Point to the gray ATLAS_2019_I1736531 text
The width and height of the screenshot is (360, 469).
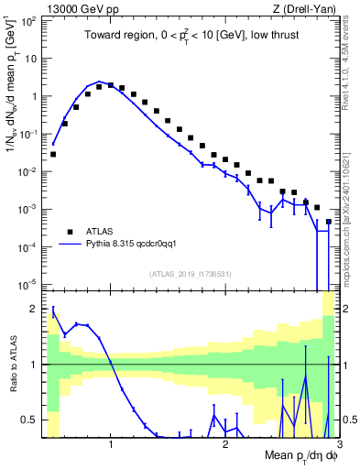191,274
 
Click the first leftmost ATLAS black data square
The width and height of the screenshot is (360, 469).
53,154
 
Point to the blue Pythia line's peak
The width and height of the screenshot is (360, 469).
100,82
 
